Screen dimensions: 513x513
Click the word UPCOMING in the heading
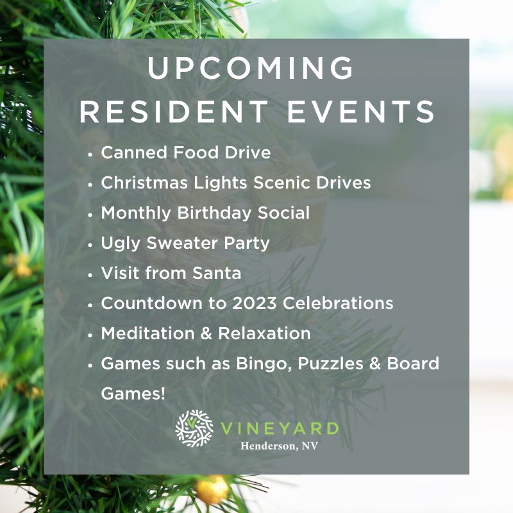coord(251,67)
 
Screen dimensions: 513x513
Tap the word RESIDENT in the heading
coord(174,112)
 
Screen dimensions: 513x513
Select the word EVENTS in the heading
coord(361,112)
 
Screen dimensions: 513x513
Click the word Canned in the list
coord(135,153)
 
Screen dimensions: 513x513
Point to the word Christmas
coord(144,183)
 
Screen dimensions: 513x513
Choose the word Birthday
coord(214,214)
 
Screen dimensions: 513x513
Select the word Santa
coord(217,273)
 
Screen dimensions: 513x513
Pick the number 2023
coord(255,303)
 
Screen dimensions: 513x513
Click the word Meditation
coord(148,333)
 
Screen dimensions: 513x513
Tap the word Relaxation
coord(264,333)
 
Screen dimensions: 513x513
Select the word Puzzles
coord(330,364)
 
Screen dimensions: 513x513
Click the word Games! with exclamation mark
coord(133,394)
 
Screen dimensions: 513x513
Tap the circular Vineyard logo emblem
coord(194,428)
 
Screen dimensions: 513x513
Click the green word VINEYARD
coord(280,428)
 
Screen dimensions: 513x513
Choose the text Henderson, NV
coord(279,446)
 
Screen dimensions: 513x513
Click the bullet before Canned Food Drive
coord(90,154)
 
